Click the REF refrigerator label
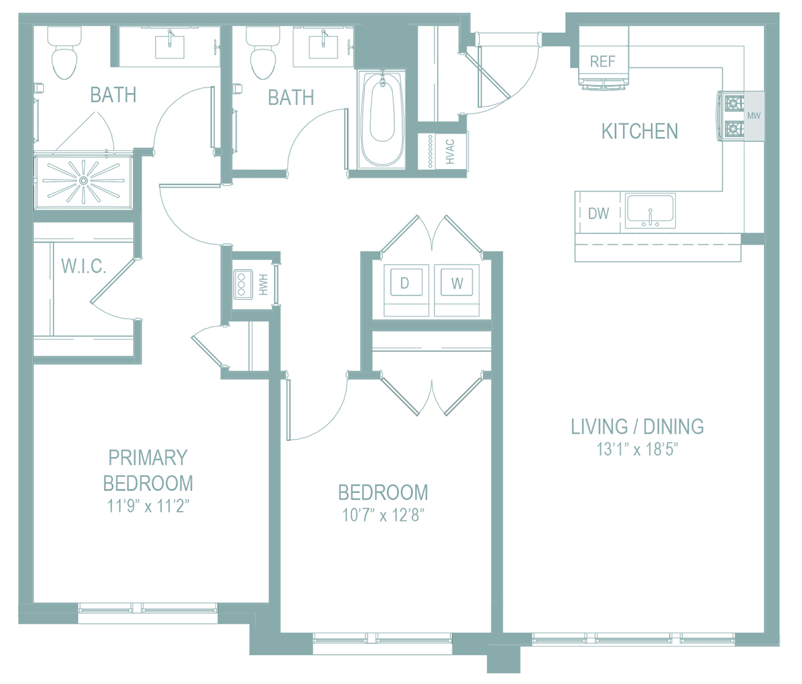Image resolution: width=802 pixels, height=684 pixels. click(602, 61)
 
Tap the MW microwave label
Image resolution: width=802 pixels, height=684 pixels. click(753, 116)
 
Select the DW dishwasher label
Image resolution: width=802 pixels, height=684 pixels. click(598, 214)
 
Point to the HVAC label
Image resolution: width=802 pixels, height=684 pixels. click(450, 152)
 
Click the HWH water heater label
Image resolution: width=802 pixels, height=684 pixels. click(263, 285)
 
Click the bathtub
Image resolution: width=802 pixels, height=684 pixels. click(382, 119)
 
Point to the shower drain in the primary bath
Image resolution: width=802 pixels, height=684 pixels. click(83, 180)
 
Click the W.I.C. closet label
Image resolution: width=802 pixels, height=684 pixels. click(84, 267)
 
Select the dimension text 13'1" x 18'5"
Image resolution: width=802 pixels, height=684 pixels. click(637, 450)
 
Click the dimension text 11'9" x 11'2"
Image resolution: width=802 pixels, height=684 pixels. click(148, 506)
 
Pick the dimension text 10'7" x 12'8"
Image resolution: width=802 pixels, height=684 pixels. click(383, 515)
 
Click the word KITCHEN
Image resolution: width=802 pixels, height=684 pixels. click(640, 131)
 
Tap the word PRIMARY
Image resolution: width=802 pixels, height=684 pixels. click(148, 458)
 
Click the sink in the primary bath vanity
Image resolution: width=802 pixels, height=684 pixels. click(170, 47)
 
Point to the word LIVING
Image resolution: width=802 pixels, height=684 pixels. click(599, 427)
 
